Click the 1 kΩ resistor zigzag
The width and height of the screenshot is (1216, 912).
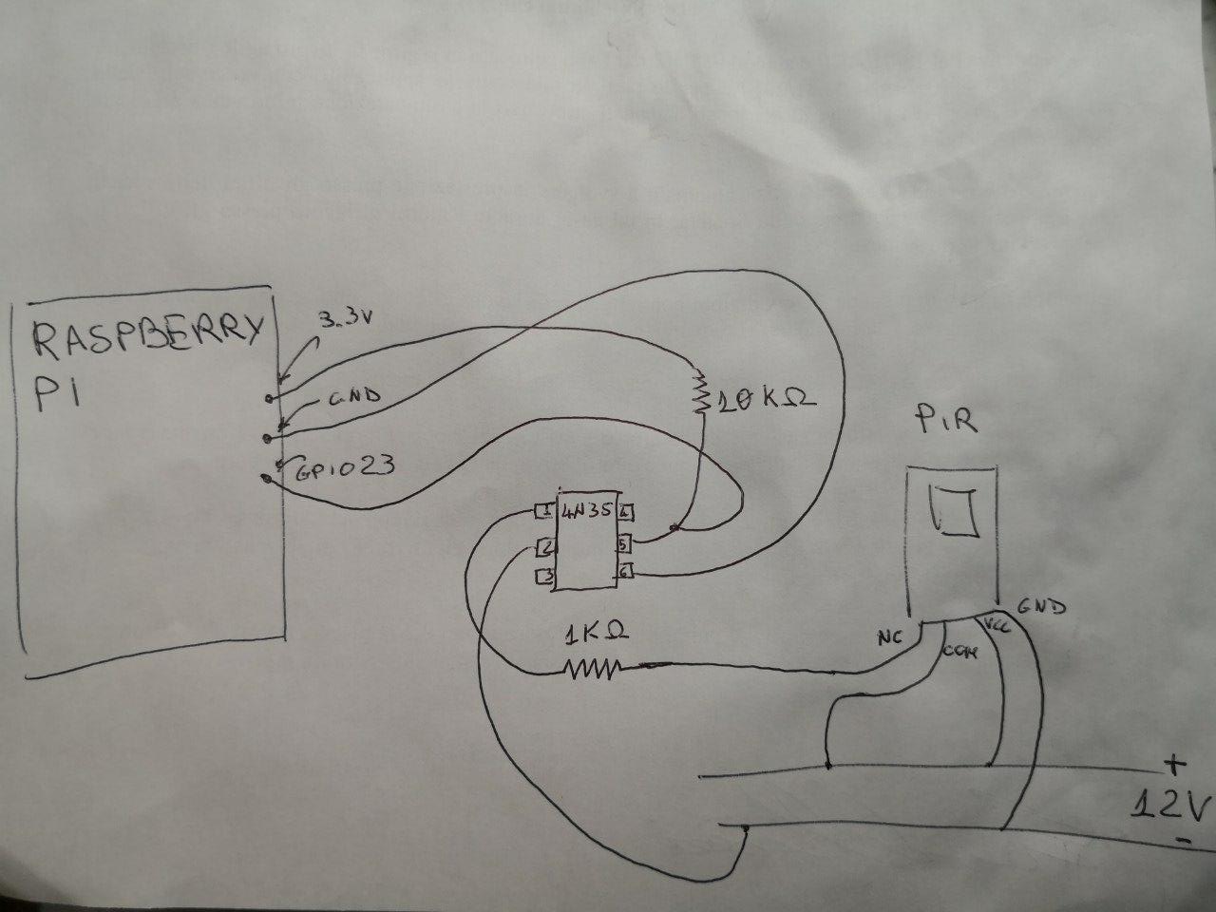593,671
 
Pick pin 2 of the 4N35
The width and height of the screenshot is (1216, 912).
544,546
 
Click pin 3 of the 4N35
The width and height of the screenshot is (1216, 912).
544,576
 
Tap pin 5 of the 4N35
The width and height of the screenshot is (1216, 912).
624,544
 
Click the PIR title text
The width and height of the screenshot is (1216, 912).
945,422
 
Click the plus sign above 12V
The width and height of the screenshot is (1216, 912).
1175,763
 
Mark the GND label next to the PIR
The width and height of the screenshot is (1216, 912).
1041,605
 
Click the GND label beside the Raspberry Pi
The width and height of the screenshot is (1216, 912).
353,397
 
